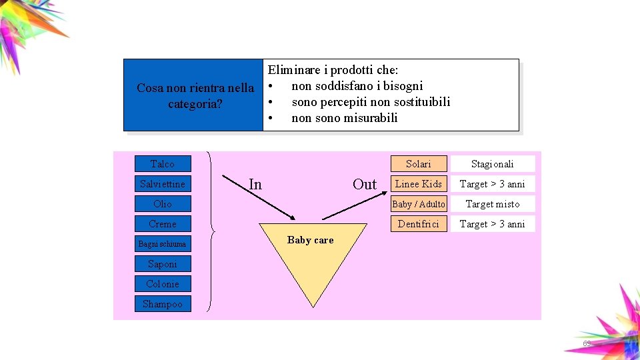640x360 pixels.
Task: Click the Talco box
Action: pyautogui.click(x=163, y=164)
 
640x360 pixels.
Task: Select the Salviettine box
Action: pyautogui.click(x=163, y=184)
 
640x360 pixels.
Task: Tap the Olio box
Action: pyautogui.click(x=163, y=204)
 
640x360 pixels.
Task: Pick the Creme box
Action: pyautogui.click(x=163, y=224)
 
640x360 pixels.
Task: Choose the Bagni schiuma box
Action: pyautogui.click(x=163, y=244)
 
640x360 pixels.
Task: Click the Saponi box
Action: pyautogui.click(x=163, y=264)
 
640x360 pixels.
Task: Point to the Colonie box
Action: pyautogui.click(x=163, y=284)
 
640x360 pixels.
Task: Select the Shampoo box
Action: pyautogui.click(x=163, y=304)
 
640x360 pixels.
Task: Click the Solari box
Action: pyautogui.click(x=419, y=164)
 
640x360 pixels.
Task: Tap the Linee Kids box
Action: pyautogui.click(x=419, y=184)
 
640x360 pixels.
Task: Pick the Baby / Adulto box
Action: pyautogui.click(x=419, y=204)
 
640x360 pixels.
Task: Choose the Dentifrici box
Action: pyautogui.click(x=419, y=224)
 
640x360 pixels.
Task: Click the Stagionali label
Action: pyautogui.click(x=493, y=164)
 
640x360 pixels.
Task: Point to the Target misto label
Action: pyautogui.click(x=493, y=204)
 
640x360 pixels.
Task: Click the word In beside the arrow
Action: pyautogui.click(x=255, y=185)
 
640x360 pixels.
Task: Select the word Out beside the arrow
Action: pyautogui.click(x=365, y=185)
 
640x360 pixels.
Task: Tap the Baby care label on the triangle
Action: pyautogui.click(x=310, y=240)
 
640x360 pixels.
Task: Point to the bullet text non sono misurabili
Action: pyautogui.click(x=344, y=118)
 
